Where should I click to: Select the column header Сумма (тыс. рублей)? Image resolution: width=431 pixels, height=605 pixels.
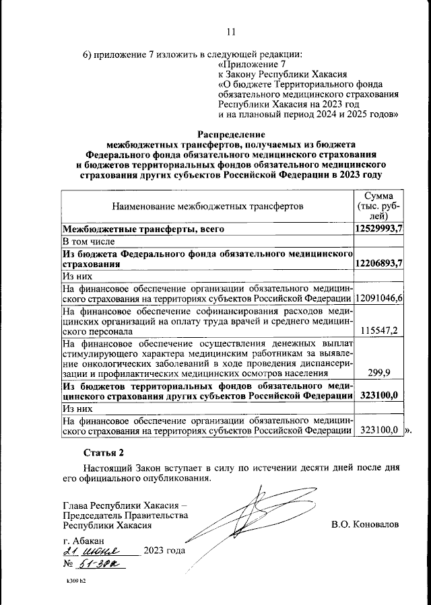coord(378,205)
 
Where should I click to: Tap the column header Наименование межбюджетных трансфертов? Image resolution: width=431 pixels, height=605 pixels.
coord(207,205)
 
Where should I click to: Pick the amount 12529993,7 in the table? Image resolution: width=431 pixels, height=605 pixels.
coord(378,229)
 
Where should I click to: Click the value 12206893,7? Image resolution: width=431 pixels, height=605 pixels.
coord(378,264)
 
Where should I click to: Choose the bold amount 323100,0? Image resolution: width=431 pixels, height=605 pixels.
coord(379,396)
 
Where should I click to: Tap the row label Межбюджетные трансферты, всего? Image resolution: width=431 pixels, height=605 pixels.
coord(143,229)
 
